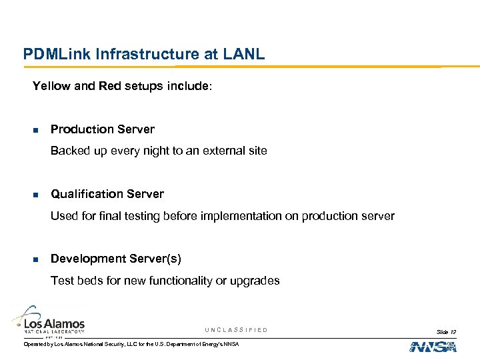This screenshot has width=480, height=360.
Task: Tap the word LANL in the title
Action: coord(245,54)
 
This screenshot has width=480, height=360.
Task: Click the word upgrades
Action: coord(255,281)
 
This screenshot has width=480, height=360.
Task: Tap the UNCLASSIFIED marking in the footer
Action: coord(236,330)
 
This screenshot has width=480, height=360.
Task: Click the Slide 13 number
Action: coord(446,331)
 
